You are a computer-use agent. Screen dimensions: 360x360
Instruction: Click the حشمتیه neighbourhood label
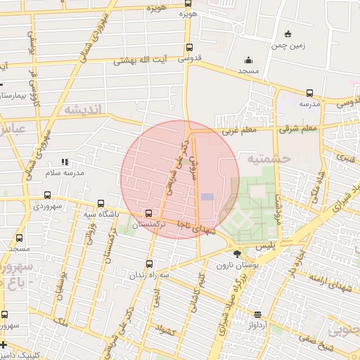269,159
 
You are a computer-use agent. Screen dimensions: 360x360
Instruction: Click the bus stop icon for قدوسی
188,48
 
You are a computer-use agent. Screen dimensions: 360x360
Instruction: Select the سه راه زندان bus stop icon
148,264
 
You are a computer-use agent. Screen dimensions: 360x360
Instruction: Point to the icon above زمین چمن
287,34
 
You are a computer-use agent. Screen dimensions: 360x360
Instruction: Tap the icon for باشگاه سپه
101,202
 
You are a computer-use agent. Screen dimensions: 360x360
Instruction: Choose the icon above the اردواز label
257,314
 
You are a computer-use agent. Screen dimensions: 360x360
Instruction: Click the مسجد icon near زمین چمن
247,60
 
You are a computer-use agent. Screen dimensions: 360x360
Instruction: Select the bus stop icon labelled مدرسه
309,93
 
